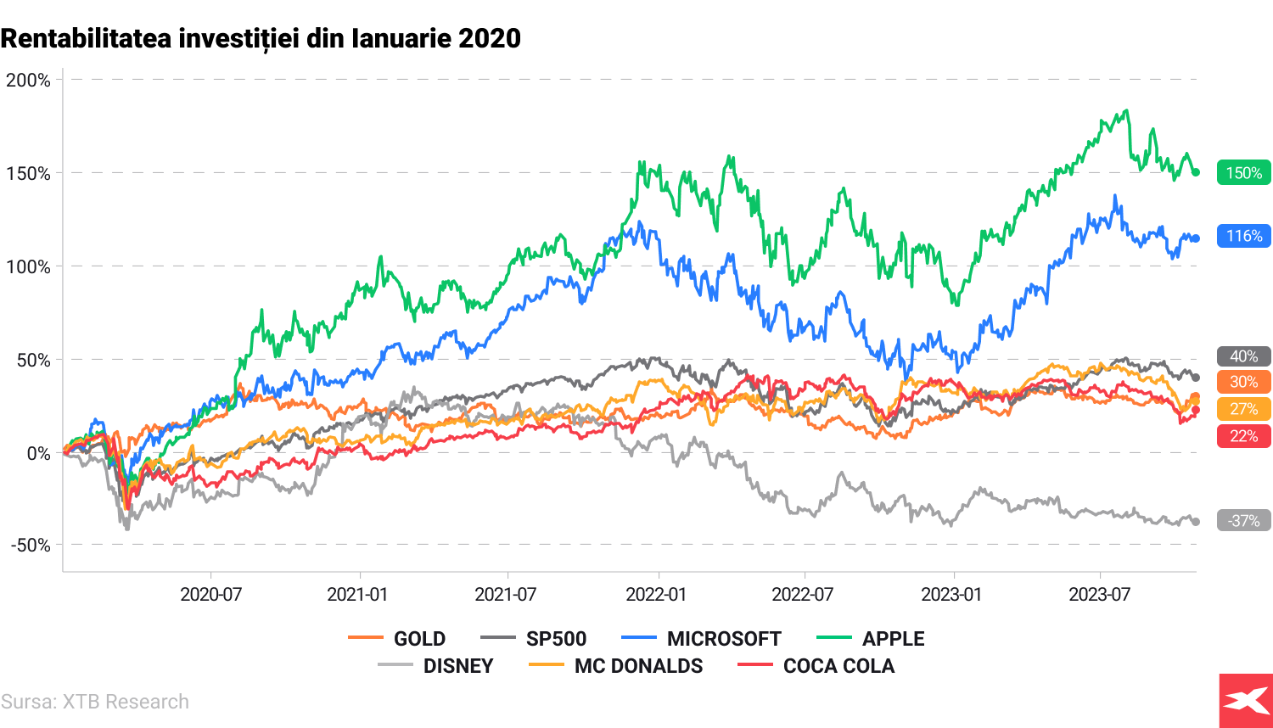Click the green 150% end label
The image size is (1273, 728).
pyautogui.click(x=1243, y=173)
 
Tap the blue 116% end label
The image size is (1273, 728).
pyautogui.click(x=1243, y=236)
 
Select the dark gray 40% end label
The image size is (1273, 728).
pyautogui.click(x=1243, y=356)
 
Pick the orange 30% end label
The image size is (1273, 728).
pyautogui.click(x=1243, y=382)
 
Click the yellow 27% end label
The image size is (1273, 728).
pyautogui.click(x=1243, y=409)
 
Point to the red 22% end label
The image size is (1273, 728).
pyautogui.click(x=1243, y=436)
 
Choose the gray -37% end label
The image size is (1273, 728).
pyautogui.click(x=1243, y=521)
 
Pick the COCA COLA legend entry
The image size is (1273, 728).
pyautogui.click(x=816, y=666)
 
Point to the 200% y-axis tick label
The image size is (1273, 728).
pyautogui.click(x=28, y=81)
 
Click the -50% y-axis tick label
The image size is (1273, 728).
pyautogui.click(x=31, y=545)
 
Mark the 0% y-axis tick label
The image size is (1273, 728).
pyautogui.click(x=38, y=453)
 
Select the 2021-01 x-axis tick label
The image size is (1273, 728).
pyautogui.click(x=357, y=594)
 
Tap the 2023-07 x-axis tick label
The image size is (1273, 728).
pyautogui.click(x=1099, y=594)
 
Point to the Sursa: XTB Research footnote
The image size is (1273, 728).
pyautogui.click(x=95, y=702)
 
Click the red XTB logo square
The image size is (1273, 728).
pyautogui.click(x=1245, y=700)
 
